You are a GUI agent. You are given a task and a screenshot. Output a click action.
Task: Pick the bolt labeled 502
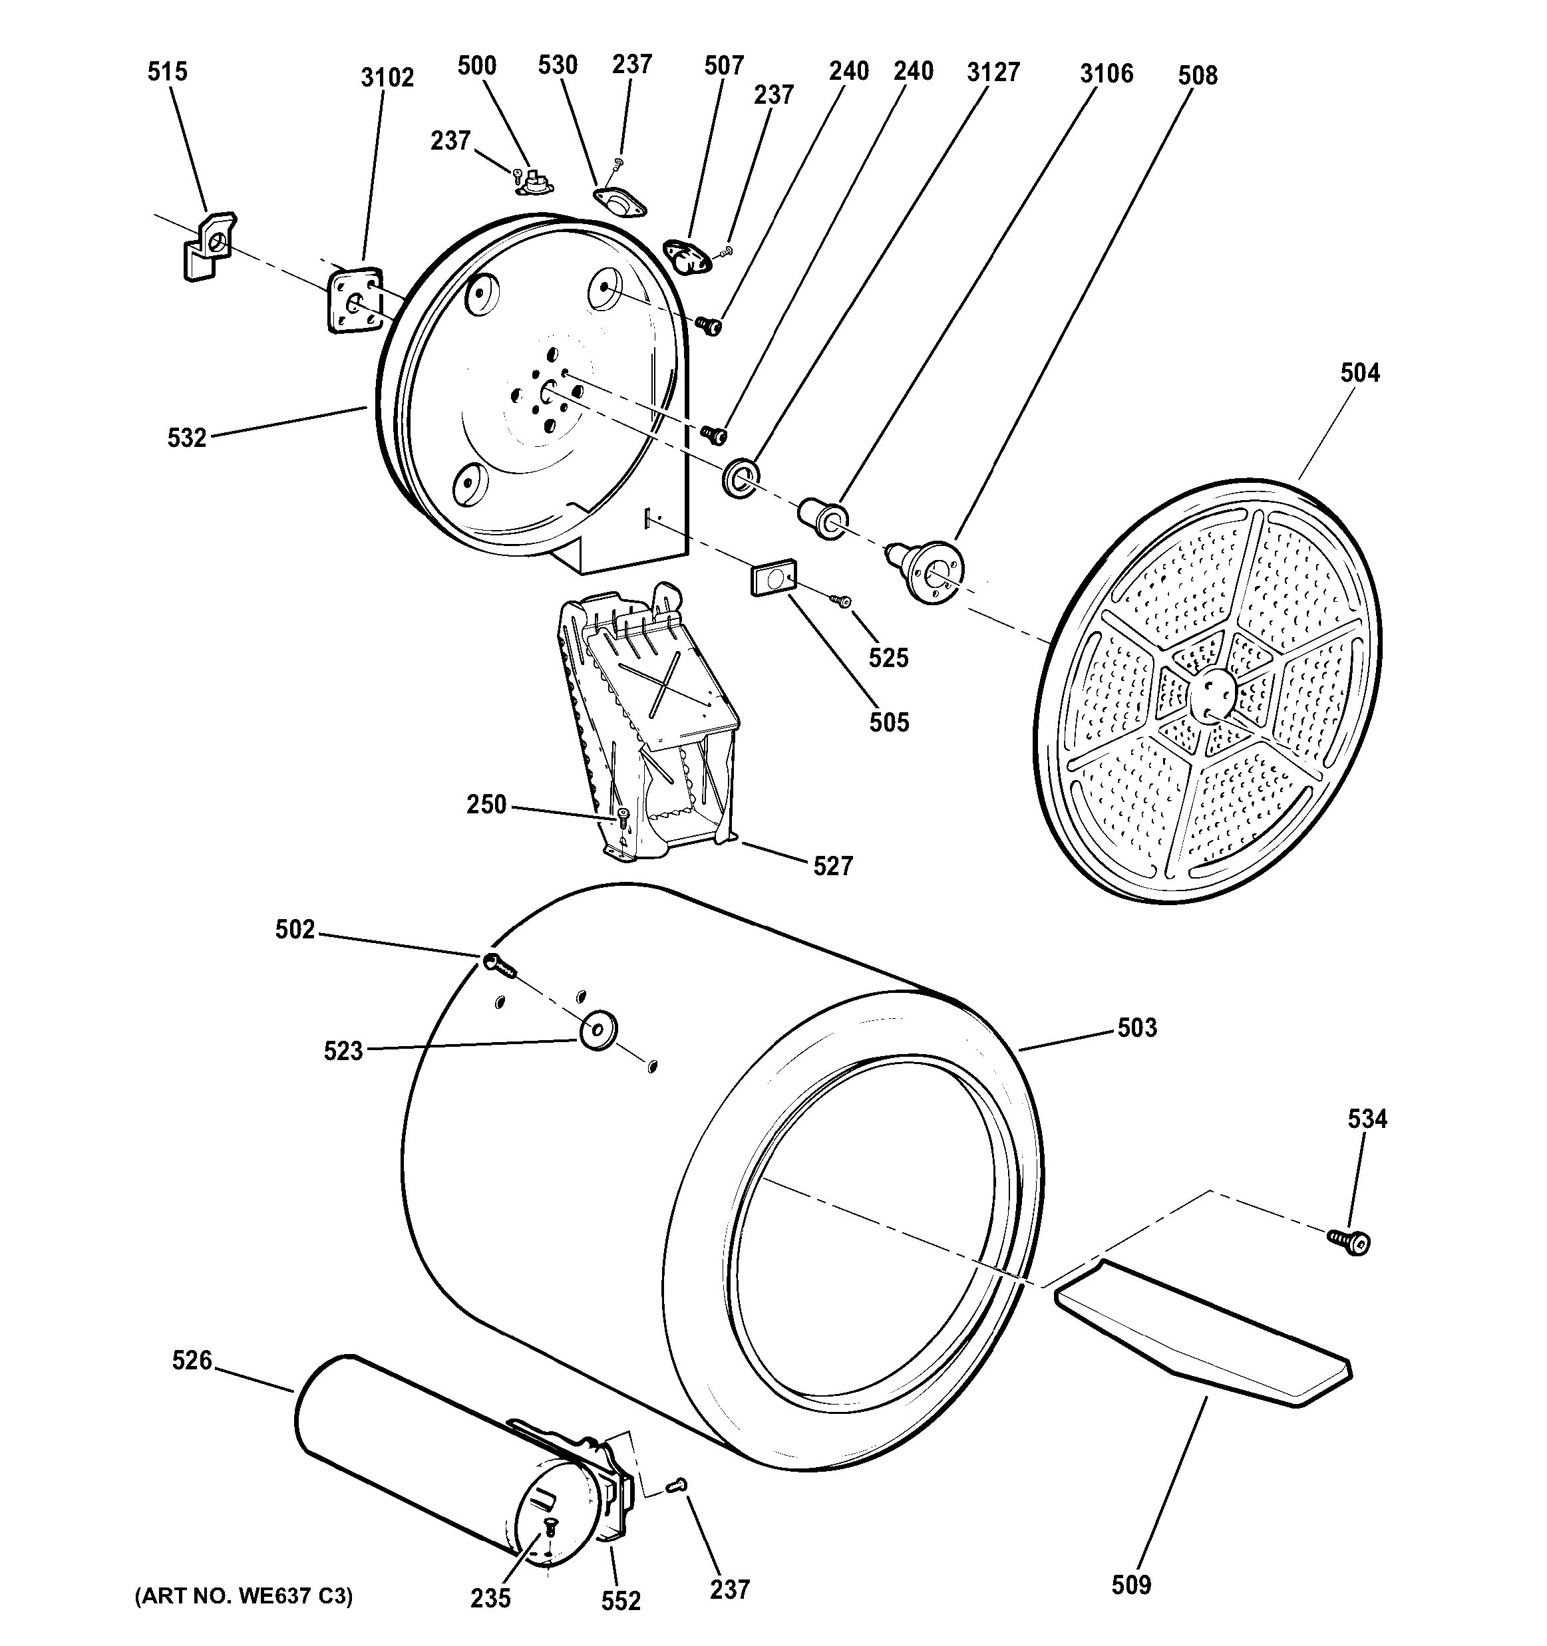click(x=497, y=964)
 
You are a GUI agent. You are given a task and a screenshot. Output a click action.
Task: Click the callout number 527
click(x=832, y=866)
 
